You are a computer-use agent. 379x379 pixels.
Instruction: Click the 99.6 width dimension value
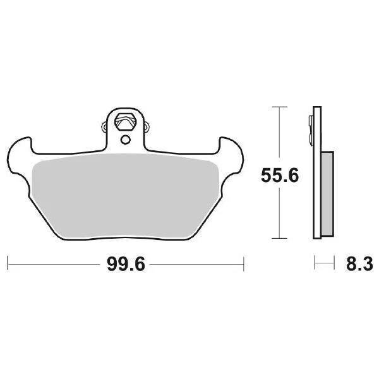(126, 265)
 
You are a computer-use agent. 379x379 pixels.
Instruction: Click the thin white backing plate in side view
(317, 208)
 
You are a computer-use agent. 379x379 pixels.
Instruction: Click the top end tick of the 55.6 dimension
(275, 107)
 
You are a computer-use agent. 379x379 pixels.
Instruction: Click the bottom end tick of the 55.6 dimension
(275, 238)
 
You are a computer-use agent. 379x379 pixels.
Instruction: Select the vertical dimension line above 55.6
(275, 133)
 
